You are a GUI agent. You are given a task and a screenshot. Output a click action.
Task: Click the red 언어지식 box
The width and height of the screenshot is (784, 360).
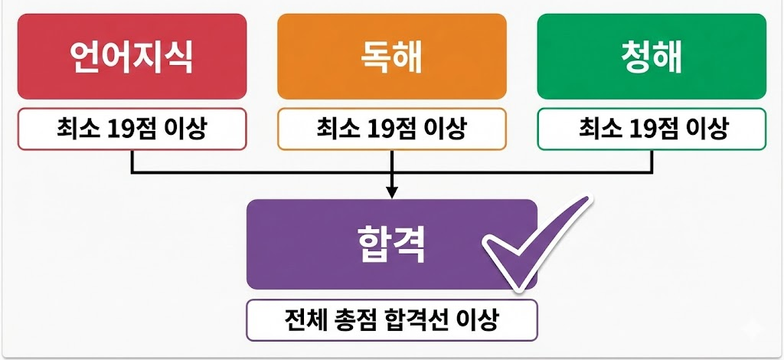pyautogui.click(x=132, y=56)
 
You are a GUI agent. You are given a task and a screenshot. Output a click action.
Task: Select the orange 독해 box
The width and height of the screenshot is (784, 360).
pyautogui.click(x=391, y=56)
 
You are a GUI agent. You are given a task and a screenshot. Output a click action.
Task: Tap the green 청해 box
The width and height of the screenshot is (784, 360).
pyautogui.click(x=652, y=56)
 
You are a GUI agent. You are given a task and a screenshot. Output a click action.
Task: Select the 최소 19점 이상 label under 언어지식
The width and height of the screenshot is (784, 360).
pyautogui.click(x=132, y=129)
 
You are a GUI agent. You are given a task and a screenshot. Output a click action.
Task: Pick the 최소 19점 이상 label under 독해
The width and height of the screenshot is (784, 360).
pyautogui.click(x=391, y=129)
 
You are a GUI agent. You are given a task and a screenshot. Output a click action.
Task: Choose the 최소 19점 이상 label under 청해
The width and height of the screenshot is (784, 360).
pyautogui.click(x=652, y=129)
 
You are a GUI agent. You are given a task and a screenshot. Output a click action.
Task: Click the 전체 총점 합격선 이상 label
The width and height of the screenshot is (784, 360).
pyautogui.click(x=391, y=320)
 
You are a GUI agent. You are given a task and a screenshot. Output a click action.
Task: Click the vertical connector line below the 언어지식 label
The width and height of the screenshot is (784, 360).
pyautogui.click(x=132, y=161)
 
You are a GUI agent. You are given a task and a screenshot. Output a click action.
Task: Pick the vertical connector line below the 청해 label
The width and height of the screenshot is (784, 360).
pyautogui.click(x=652, y=161)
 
